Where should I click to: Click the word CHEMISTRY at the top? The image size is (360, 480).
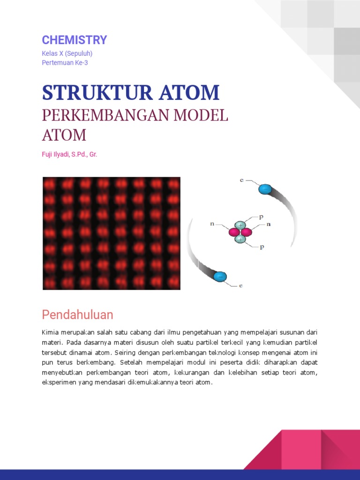(75, 40)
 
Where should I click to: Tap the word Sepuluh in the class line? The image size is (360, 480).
(82, 53)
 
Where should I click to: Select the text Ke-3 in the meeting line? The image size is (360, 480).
(82, 62)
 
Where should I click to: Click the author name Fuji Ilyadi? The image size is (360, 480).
(56, 154)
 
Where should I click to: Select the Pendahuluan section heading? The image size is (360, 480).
(77, 314)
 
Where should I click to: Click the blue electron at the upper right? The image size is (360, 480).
(265, 189)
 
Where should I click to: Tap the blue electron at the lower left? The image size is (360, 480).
(220, 277)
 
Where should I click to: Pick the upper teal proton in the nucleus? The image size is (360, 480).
(240, 225)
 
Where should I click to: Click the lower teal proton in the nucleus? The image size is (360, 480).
(240, 239)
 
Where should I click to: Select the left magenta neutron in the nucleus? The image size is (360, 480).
(234, 232)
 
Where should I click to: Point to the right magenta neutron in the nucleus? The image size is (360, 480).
(246, 232)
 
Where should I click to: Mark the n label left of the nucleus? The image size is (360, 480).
(212, 225)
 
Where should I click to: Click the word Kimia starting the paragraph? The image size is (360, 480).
(50, 332)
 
